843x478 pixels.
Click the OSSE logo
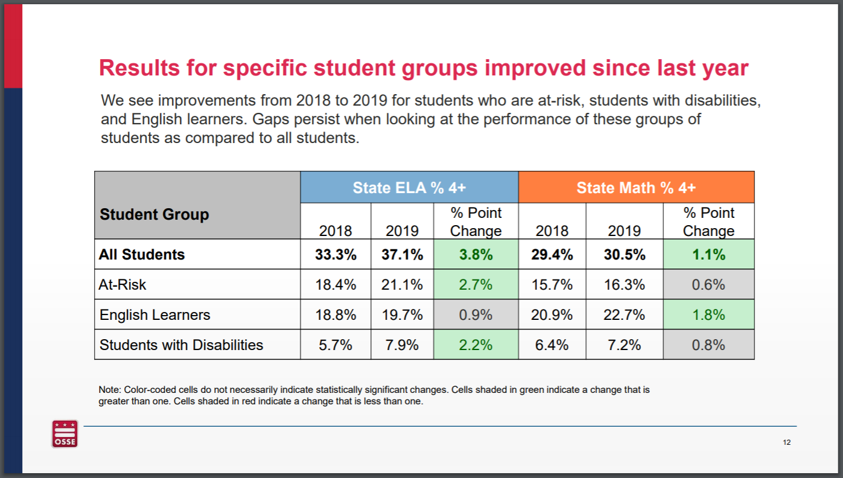(x=65, y=434)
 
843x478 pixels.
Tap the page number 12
(x=786, y=442)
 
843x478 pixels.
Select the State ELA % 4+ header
(x=409, y=188)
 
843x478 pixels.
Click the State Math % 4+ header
(x=636, y=188)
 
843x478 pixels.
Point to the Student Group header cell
(x=154, y=214)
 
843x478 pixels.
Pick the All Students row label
(x=142, y=254)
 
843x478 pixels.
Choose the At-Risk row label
(x=122, y=284)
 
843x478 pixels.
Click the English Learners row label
(x=155, y=314)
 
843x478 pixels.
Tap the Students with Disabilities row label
(x=181, y=345)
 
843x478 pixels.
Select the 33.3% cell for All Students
(x=336, y=254)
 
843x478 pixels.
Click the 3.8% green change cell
(x=476, y=254)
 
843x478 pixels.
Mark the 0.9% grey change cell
(x=476, y=314)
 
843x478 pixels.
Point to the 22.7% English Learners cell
(x=624, y=314)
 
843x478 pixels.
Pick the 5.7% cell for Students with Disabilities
(x=336, y=345)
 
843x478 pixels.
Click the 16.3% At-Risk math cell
(x=624, y=284)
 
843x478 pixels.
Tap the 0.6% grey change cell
(x=708, y=284)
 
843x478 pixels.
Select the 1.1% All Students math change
(x=708, y=254)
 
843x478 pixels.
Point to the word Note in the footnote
(x=109, y=390)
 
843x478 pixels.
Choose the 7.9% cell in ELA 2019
(x=402, y=345)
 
